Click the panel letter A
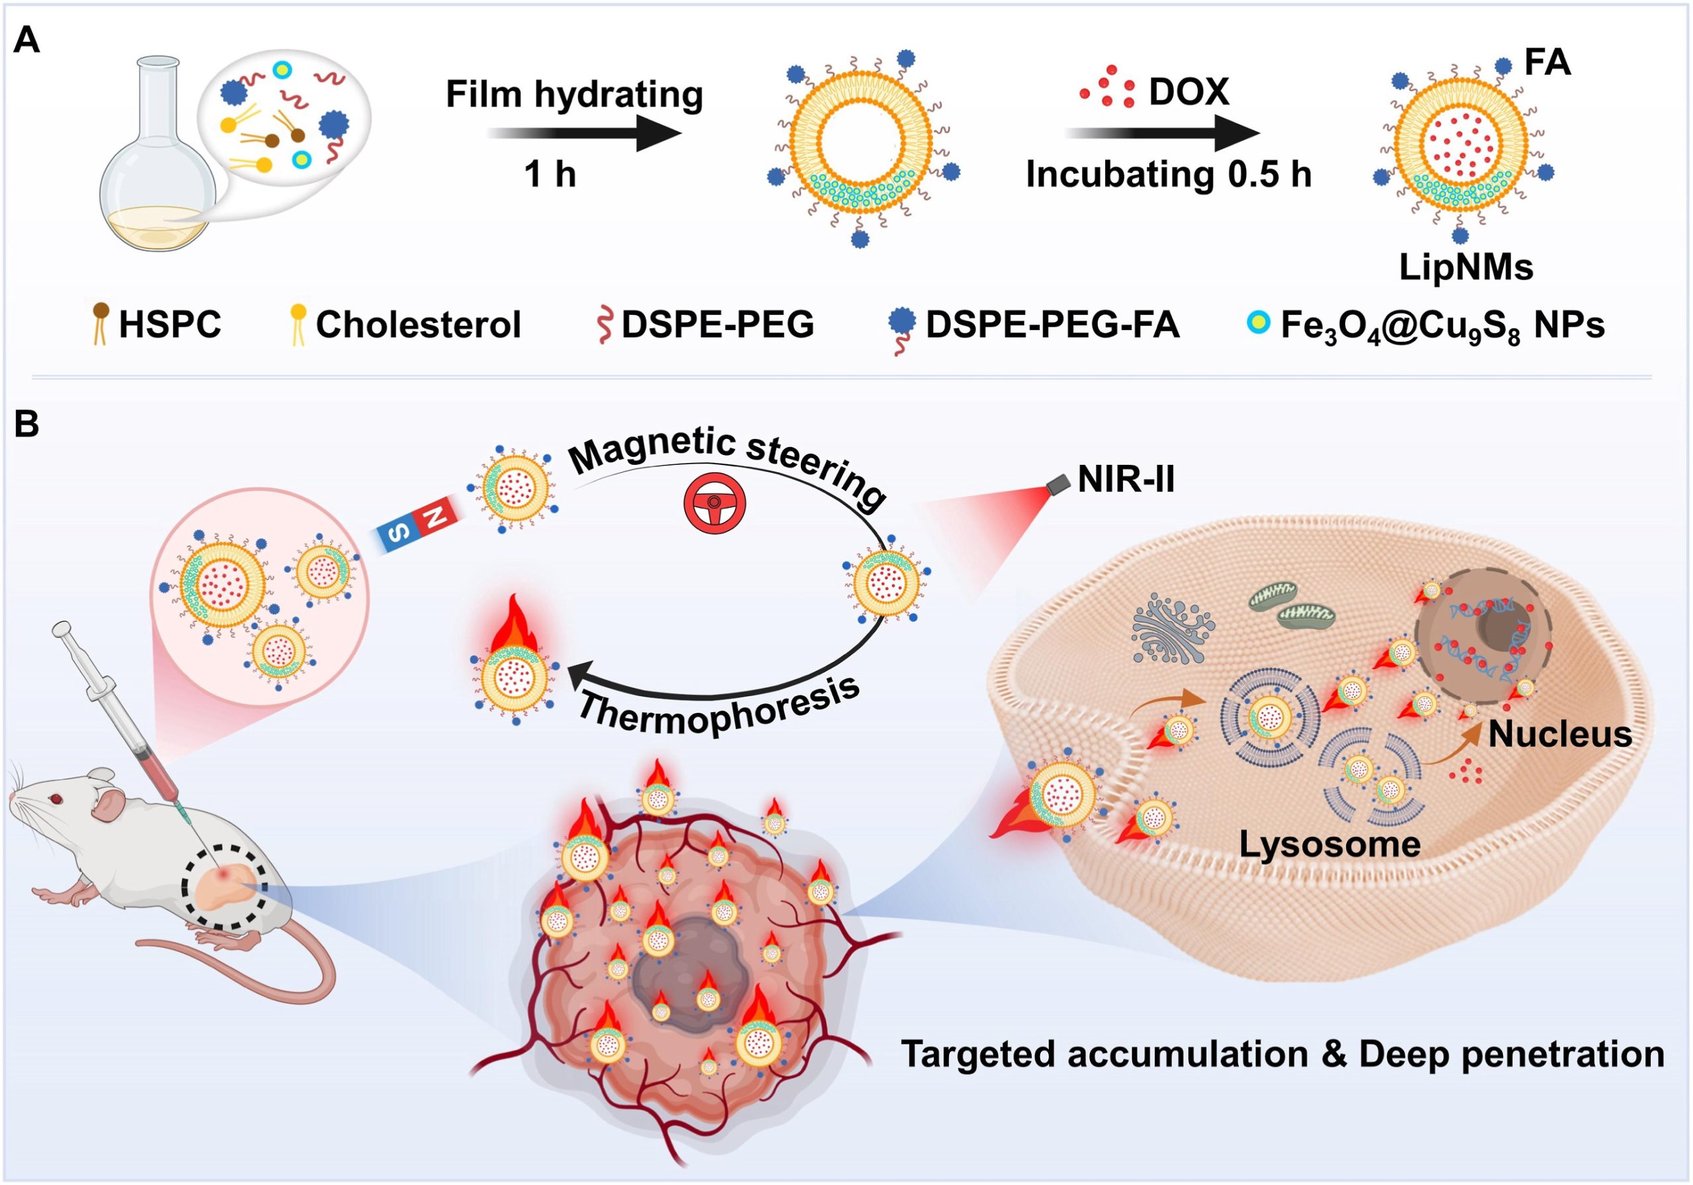[26, 40]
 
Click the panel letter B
[26, 425]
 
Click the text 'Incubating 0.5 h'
[1169, 175]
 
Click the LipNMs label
[1466, 268]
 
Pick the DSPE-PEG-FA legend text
[1052, 325]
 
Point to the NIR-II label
[1126, 480]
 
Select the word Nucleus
[1560, 735]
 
